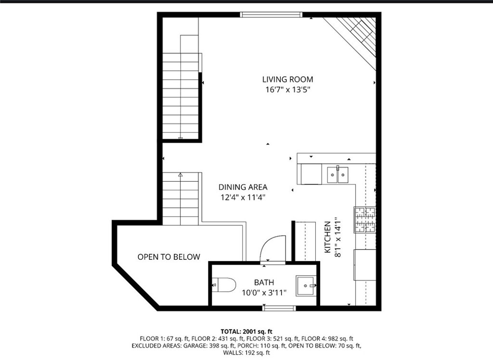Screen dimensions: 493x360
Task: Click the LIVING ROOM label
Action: coord(288,80)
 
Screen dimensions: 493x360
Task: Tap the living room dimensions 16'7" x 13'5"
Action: coord(288,90)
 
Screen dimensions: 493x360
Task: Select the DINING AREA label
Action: coord(243,187)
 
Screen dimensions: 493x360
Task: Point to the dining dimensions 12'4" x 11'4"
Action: coord(243,198)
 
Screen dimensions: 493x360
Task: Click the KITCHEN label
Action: coord(327,237)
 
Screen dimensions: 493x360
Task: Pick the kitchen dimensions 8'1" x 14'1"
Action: coord(337,237)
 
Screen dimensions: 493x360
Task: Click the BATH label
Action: coord(264,282)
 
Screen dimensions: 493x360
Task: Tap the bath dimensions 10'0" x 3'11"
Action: coord(264,293)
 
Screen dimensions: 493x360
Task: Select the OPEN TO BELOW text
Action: coord(169,257)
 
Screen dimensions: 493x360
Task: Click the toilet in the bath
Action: coord(224,285)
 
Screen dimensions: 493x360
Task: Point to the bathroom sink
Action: coord(306,286)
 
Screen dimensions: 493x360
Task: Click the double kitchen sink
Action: coord(337,174)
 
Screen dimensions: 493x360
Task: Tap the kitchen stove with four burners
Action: coord(365,220)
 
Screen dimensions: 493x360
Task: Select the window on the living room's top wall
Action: coord(271,14)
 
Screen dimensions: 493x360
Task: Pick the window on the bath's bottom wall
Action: coord(279,308)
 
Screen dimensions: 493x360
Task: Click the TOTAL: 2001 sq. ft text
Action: coord(246,332)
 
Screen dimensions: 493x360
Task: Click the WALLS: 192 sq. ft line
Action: coord(246,353)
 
